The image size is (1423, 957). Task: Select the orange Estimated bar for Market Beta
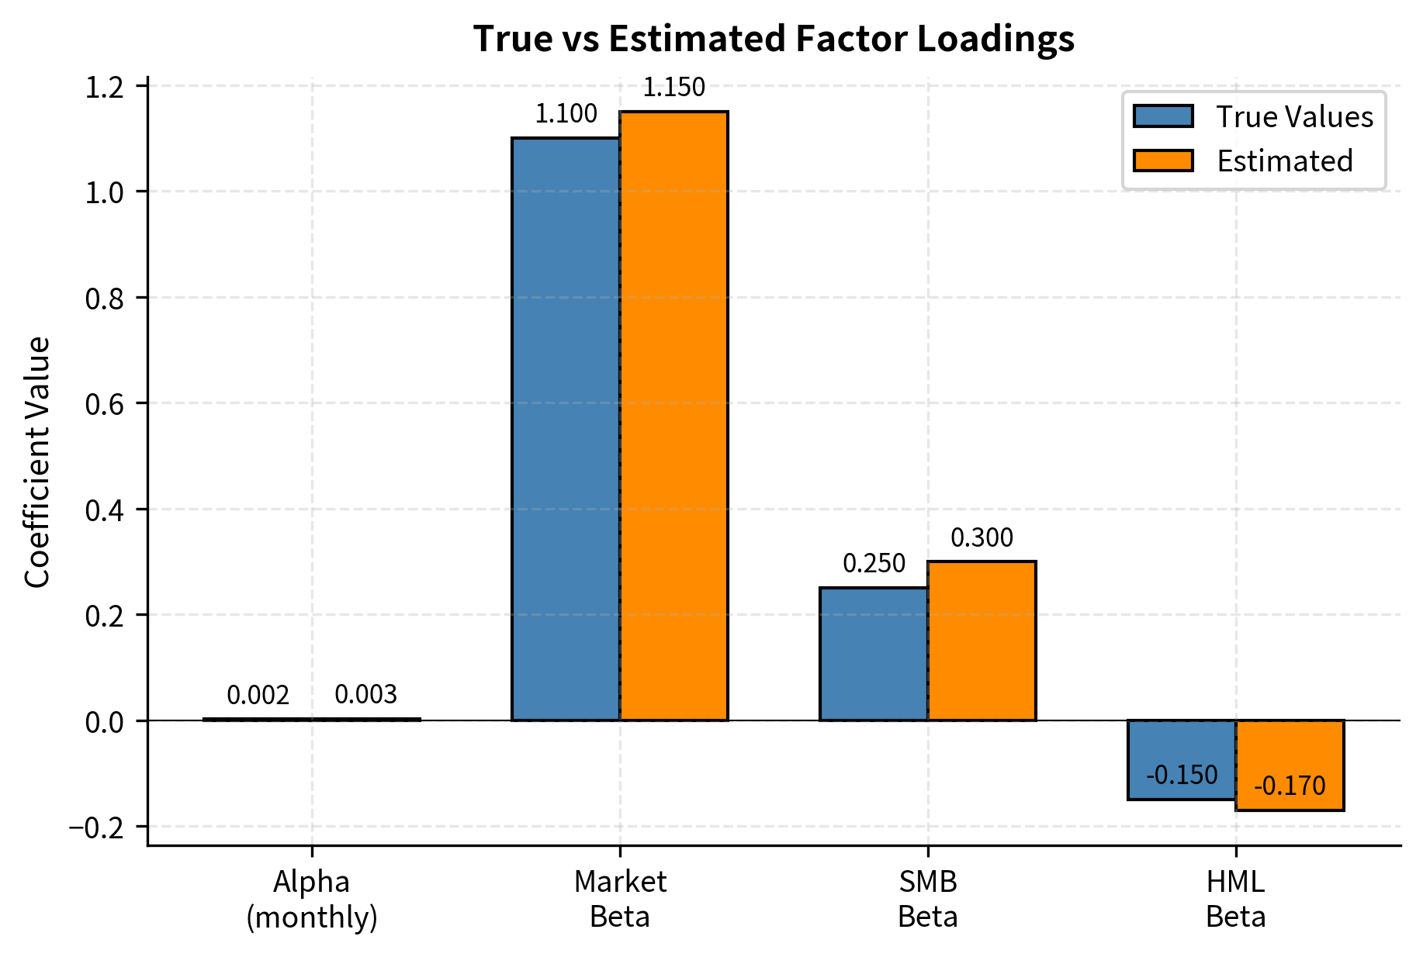click(x=673, y=416)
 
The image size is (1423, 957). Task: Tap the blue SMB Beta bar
click(x=874, y=654)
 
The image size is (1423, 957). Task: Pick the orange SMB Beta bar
click(x=982, y=641)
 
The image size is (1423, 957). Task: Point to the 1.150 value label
click(x=673, y=88)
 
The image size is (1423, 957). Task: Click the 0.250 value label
click(x=874, y=564)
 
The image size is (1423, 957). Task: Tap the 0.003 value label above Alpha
click(x=365, y=695)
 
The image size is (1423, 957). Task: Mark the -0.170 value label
click(x=1290, y=786)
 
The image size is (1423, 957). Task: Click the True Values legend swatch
click(x=1162, y=116)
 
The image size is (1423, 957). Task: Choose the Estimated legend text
click(x=1284, y=161)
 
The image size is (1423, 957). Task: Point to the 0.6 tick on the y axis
click(x=105, y=404)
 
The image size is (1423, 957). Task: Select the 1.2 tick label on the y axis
click(x=105, y=88)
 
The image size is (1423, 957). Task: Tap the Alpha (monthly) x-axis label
click(x=312, y=900)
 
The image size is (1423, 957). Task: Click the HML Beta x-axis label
click(x=1235, y=900)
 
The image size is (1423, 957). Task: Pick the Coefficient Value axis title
click(x=37, y=462)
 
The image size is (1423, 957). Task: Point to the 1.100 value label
click(x=566, y=114)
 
